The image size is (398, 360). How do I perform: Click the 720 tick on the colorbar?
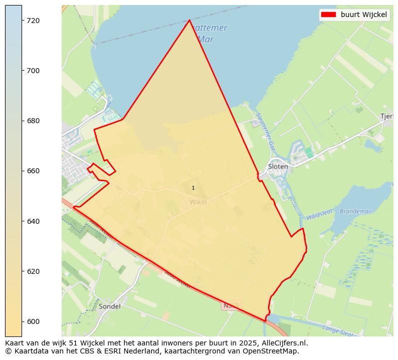click(x=34, y=21)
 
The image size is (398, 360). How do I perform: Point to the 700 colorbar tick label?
click(x=34, y=71)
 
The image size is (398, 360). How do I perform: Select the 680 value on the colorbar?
click(x=34, y=121)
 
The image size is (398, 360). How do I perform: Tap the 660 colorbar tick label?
click(x=34, y=171)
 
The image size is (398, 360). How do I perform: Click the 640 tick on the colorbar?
click(x=34, y=221)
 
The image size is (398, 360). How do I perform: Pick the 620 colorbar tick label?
click(x=34, y=271)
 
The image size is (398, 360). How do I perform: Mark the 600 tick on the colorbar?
click(x=34, y=321)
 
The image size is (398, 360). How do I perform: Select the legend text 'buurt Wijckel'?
click(x=363, y=15)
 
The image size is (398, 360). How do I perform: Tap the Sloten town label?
click(x=278, y=167)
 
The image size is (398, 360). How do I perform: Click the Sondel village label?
click(x=110, y=306)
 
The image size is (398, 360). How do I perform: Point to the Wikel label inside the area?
click(x=198, y=202)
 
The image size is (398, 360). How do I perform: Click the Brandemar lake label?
click(x=355, y=211)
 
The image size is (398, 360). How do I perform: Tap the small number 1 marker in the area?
click(x=193, y=188)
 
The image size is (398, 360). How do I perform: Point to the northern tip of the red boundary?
click(x=189, y=21)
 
